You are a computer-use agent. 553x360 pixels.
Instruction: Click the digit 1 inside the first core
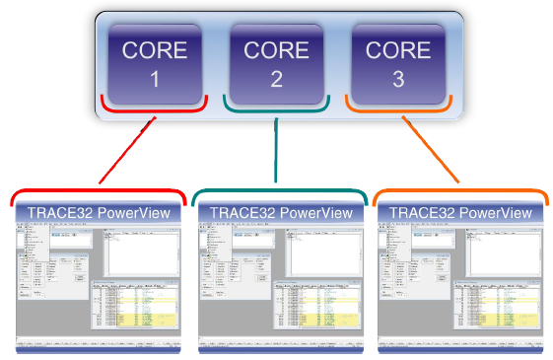pyautogui.click(x=155, y=80)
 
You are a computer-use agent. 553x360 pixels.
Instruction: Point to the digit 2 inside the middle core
pyautogui.click(x=276, y=80)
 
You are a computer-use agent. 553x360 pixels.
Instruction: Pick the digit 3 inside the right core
pyautogui.click(x=398, y=80)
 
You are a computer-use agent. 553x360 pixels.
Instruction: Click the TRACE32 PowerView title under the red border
pyautogui.click(x=99, y=213)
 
